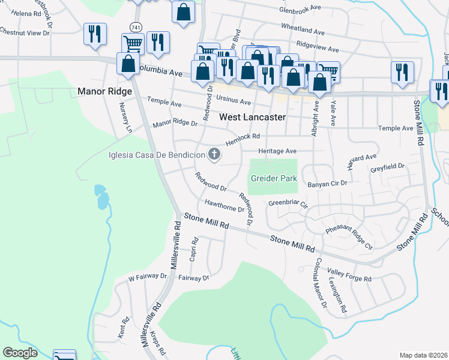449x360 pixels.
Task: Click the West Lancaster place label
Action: pos(252,117)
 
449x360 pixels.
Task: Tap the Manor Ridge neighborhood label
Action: pos(104,92)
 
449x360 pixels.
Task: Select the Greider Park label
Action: pos(273,178)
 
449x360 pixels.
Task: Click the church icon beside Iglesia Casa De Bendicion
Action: pos(214,155)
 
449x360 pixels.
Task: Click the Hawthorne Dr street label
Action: pos(224,206)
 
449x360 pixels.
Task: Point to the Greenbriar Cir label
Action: pos(288,203)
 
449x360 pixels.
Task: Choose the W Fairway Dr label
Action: pos(148,277)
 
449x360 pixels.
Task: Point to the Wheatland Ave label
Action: pos(303,29)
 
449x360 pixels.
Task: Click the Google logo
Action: pos(20,353)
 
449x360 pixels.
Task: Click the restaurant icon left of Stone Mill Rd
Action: pos(402,73)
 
